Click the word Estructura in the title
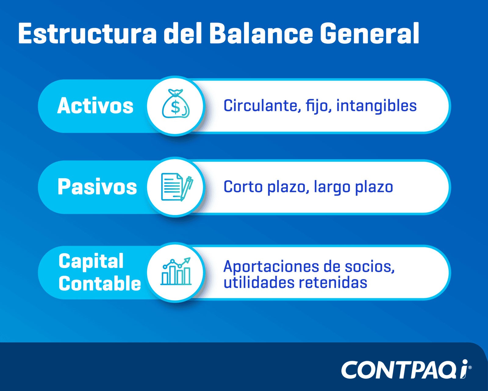[x=87, y=33]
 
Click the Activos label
[x=95, y=105]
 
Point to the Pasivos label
[x=97, y=187]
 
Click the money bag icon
[x=176, y=104]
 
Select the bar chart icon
[x=176, y=271]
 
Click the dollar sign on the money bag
[x=175, y=107]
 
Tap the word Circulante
[x=262, y=106]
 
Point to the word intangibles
[x=376, y=106]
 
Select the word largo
[x=332, y=187]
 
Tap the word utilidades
[x=259, y=283]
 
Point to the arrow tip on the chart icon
[x=190, y=258]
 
